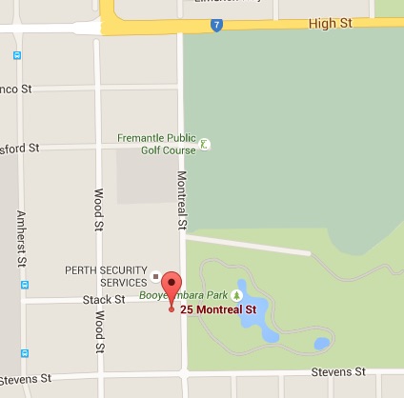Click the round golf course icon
coord(205,146)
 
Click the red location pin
coord(171,288)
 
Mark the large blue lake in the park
coord(252,310)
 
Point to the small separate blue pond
coord(321,343)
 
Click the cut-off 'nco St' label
coord(15,90)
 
